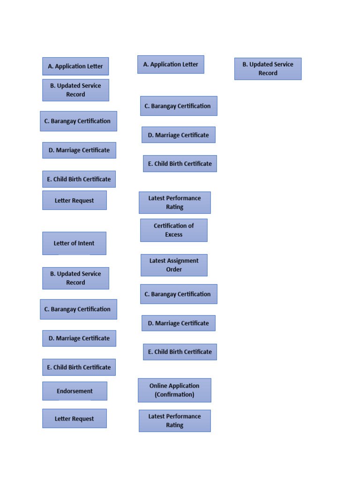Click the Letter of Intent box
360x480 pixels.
(74, 243)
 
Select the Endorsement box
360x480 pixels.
(75, 391)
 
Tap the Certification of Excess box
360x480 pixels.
(173, 230)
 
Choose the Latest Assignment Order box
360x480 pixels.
(174, 265)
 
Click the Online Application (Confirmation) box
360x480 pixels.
(174, 390)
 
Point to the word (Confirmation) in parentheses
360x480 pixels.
(174, 395)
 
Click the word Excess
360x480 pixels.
(173, 235)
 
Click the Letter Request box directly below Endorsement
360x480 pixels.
(74, 419)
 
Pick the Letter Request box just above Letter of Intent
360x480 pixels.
(74, 201)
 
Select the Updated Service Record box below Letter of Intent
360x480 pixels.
(75, 278)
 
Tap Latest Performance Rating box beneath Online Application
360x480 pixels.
(174, 420)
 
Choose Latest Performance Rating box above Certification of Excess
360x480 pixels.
(174, 202)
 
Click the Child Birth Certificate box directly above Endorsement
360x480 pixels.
(79, 367)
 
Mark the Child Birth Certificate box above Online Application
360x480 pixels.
(180, 352)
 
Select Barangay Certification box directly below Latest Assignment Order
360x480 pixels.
(178, 294)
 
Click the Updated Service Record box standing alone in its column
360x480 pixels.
(268, 69)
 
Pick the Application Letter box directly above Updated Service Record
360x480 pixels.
(75, 67)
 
